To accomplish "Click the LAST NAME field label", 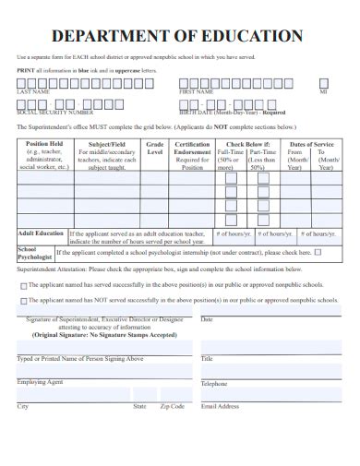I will (x=34, y=92).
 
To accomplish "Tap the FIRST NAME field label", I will (x=197, y=92).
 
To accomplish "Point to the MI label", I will (x=323, y=92).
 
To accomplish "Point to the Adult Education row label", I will (x=42, y=233).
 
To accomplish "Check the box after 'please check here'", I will (x=318, y=251).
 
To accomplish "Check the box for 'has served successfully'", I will (x=23, y=286).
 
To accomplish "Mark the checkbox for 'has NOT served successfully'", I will (x=23, y=301).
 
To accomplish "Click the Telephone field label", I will (x=214, y=383).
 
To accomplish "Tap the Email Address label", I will (x=221, y=406).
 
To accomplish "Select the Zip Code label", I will (x=173, y=406).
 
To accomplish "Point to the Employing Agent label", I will (x=40, y=381).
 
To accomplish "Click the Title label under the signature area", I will (x=207, y=358).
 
